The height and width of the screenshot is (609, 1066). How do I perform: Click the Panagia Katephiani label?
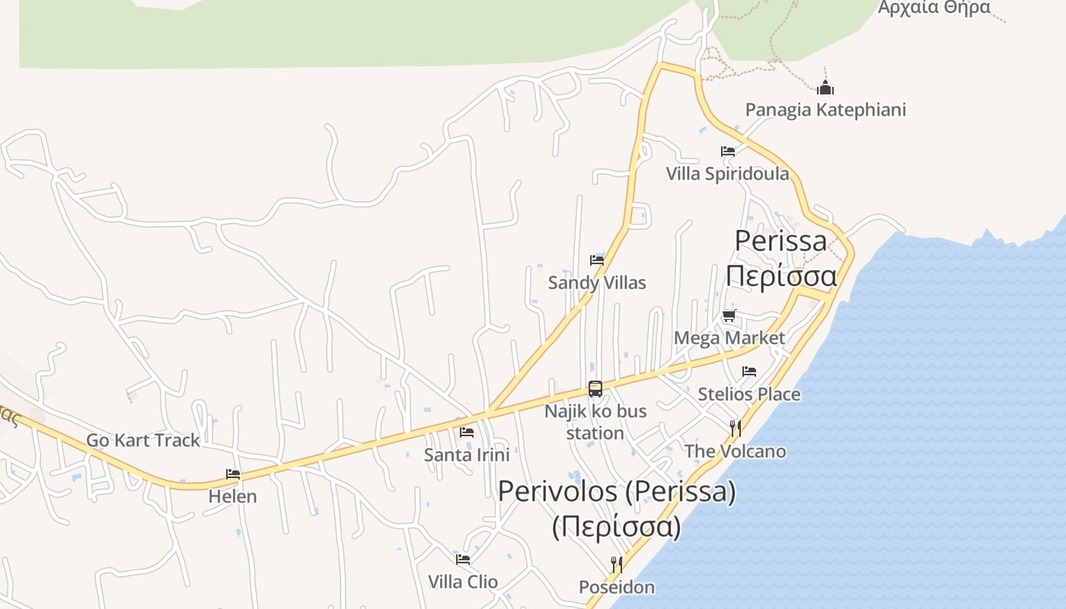coord(825,110)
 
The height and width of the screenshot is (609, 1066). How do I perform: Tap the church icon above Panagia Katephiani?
coord(825,88)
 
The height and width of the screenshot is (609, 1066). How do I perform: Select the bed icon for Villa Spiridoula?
coord(728,151)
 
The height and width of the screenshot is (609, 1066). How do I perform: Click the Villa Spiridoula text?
coord(727,174)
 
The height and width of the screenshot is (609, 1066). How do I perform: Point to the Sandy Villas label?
coord(597,283)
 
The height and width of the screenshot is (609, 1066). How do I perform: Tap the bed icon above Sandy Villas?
coord(597,260)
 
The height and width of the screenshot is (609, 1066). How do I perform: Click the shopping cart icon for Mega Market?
coord(729,315)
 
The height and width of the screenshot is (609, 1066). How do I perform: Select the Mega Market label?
coord(729,337)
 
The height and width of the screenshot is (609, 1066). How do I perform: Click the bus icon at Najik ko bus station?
coord(595,389)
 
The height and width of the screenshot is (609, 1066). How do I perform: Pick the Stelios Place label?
coord(749,394)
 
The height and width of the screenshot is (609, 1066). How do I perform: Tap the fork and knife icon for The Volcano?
coord(736,429)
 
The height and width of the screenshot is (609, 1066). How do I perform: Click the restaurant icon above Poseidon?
coord(617,565)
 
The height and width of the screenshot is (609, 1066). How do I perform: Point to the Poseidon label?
coord(617,588)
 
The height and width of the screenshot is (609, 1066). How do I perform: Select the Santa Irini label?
coord(467,455)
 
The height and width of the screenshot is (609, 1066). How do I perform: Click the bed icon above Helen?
coord(233,474)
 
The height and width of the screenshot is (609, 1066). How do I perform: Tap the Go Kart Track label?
coord(143,440)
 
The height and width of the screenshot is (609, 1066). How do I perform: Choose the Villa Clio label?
coord(463,582)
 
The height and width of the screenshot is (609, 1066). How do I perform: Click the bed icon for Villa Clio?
coord(463,560)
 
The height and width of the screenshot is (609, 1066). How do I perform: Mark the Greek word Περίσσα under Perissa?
coord(781,276)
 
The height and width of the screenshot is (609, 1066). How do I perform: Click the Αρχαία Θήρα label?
coord(934,8)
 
